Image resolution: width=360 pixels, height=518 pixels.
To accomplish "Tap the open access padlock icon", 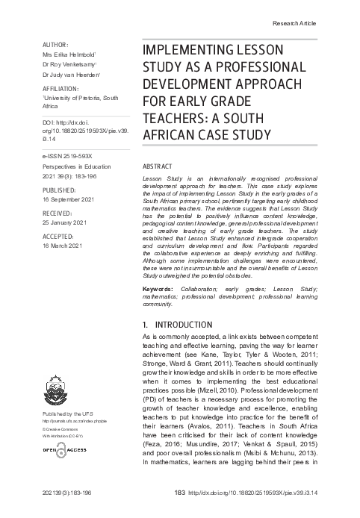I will coord(60,453).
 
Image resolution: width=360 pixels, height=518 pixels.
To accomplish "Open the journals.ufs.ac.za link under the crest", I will coord(73,421).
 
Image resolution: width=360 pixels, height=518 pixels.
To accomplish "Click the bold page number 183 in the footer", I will coord(178,493).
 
